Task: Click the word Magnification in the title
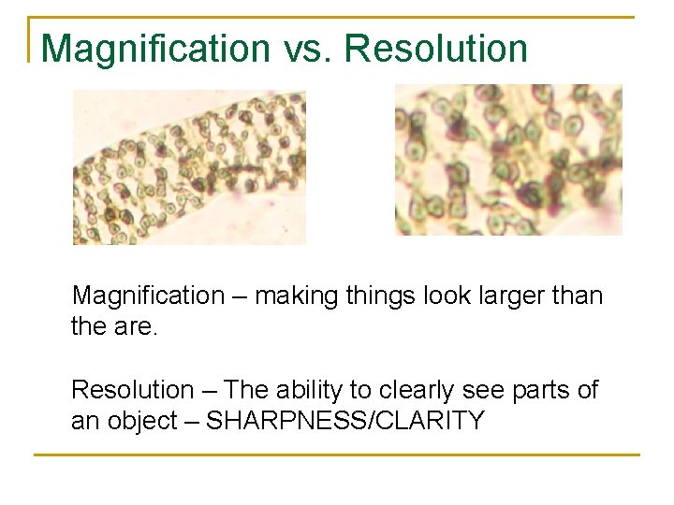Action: (x=155, y=49)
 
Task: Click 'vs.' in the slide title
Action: (x=307, y=49)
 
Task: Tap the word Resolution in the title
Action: (x=436, y=49)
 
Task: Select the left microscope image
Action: (x=189, y=166)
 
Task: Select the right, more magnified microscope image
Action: (x=508, y=160)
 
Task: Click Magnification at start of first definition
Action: (x=148, y=296)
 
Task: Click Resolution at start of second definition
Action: (x=132, y=389)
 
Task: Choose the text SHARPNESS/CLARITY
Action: (x=344, y=421)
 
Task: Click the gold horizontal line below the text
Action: (x=336, y=455)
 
